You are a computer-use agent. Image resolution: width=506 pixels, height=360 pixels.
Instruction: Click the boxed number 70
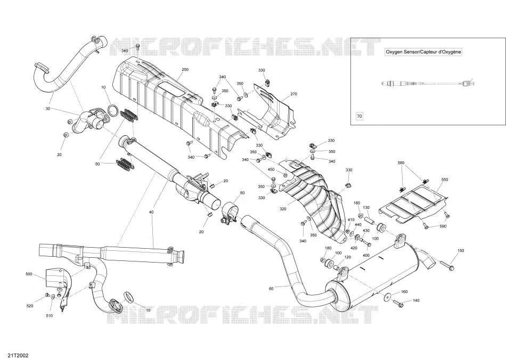[x=359, y=116]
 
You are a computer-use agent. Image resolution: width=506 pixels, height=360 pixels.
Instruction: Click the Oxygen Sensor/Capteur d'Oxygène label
[x=423, y=52]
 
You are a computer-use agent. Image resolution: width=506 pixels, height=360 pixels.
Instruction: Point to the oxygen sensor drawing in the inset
[x=428, y=83]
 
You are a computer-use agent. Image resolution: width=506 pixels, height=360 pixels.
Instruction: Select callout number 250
[x=185, y=70]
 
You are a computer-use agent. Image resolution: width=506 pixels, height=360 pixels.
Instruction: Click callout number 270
[x=293, y=94]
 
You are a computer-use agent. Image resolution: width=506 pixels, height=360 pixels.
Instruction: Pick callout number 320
[x=283, y=209]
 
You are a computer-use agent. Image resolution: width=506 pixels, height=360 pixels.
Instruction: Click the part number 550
[x=445, y=179]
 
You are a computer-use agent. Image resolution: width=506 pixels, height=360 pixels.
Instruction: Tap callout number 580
[x=401, y=163]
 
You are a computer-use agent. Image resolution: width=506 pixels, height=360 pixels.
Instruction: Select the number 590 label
[x=443, y=226]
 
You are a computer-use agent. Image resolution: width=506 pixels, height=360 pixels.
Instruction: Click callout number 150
[x=461, y=251]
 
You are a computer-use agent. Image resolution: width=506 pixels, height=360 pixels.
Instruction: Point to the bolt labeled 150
[x=447, y=266]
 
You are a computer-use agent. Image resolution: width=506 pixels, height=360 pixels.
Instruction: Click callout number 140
[x=417, y=301]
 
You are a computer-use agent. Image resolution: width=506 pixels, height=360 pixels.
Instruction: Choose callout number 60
[x=271, y=289]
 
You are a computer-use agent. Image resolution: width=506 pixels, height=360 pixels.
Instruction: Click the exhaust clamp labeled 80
[x=230, y=212]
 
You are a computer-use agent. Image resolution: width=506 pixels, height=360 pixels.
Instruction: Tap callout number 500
[x=29, y=274]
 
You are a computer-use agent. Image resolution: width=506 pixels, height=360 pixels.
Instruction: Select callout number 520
[x=30, y=306]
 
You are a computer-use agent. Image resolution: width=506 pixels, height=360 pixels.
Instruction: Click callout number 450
[x=271, y=170]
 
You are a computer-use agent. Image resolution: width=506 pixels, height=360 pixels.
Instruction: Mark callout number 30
[x=48, y=109]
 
